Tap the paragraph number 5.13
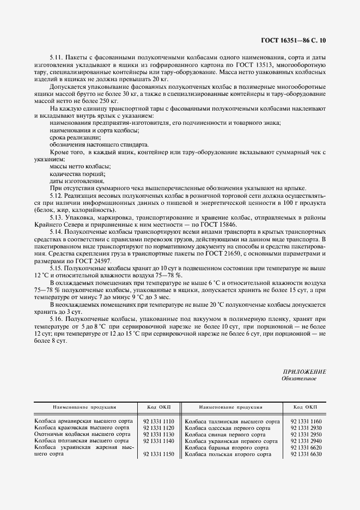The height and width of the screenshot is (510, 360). coord(57,217)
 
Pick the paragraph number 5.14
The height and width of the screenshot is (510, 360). coord(57,232)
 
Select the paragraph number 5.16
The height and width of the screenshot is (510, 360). coord(57,318)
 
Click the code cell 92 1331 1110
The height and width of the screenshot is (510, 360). coord(158,421)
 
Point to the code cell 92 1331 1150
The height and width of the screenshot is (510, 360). coord(158,454)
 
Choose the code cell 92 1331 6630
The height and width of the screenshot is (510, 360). coord(306,454)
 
